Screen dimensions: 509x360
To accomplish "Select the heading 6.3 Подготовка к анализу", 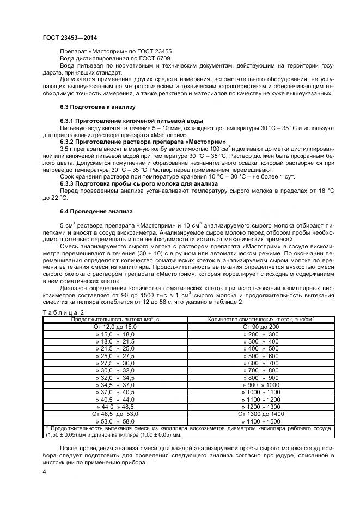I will point(97,107).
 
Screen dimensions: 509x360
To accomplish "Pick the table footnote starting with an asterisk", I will point(188,432).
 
